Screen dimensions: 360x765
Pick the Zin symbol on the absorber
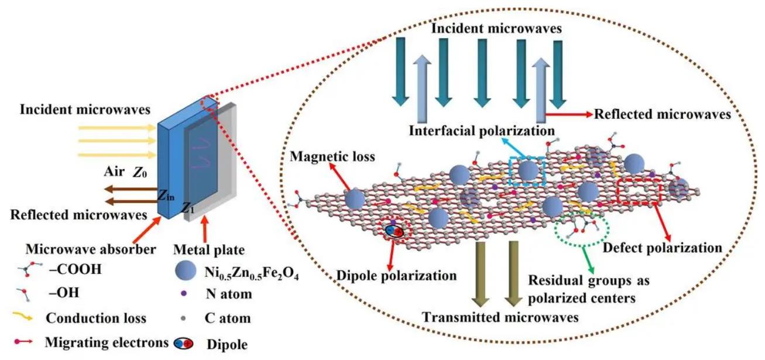[x=167, y=197]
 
